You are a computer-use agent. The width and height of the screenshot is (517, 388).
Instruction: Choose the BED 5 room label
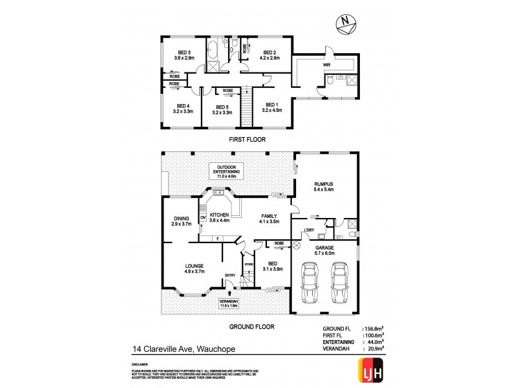[222, 109]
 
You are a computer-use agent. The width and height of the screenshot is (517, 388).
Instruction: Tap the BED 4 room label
[184, 109]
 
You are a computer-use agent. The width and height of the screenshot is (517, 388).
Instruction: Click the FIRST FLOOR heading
[247, 139]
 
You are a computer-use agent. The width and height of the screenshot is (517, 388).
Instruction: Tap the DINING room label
[182, 221]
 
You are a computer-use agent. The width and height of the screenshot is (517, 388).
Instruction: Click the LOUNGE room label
[194, 268]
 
